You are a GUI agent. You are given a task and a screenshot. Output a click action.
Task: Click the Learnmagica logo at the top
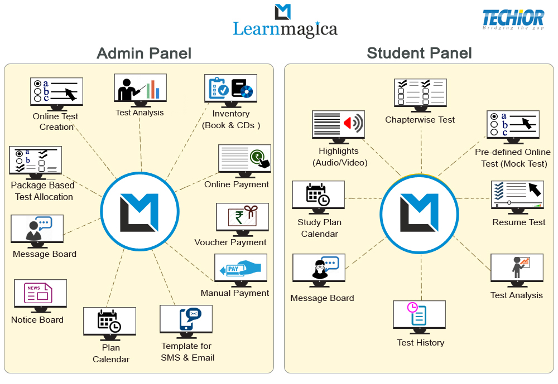(285, 22)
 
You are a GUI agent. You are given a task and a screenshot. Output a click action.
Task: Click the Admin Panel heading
(144, 53)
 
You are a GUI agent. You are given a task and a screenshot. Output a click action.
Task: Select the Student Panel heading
(419, 53)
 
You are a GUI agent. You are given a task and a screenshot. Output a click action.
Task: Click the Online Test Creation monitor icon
(56, 91)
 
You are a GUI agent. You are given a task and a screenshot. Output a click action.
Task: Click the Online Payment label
(237, 184)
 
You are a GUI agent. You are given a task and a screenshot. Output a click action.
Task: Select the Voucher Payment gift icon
(242, 217)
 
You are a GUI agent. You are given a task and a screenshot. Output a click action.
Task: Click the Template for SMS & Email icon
(186, 320)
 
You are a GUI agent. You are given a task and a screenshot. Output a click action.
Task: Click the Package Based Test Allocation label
(42, 191)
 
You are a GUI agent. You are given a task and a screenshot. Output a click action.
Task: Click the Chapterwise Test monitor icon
(420, 93)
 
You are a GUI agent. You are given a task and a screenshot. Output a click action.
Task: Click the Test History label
(421, 343)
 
